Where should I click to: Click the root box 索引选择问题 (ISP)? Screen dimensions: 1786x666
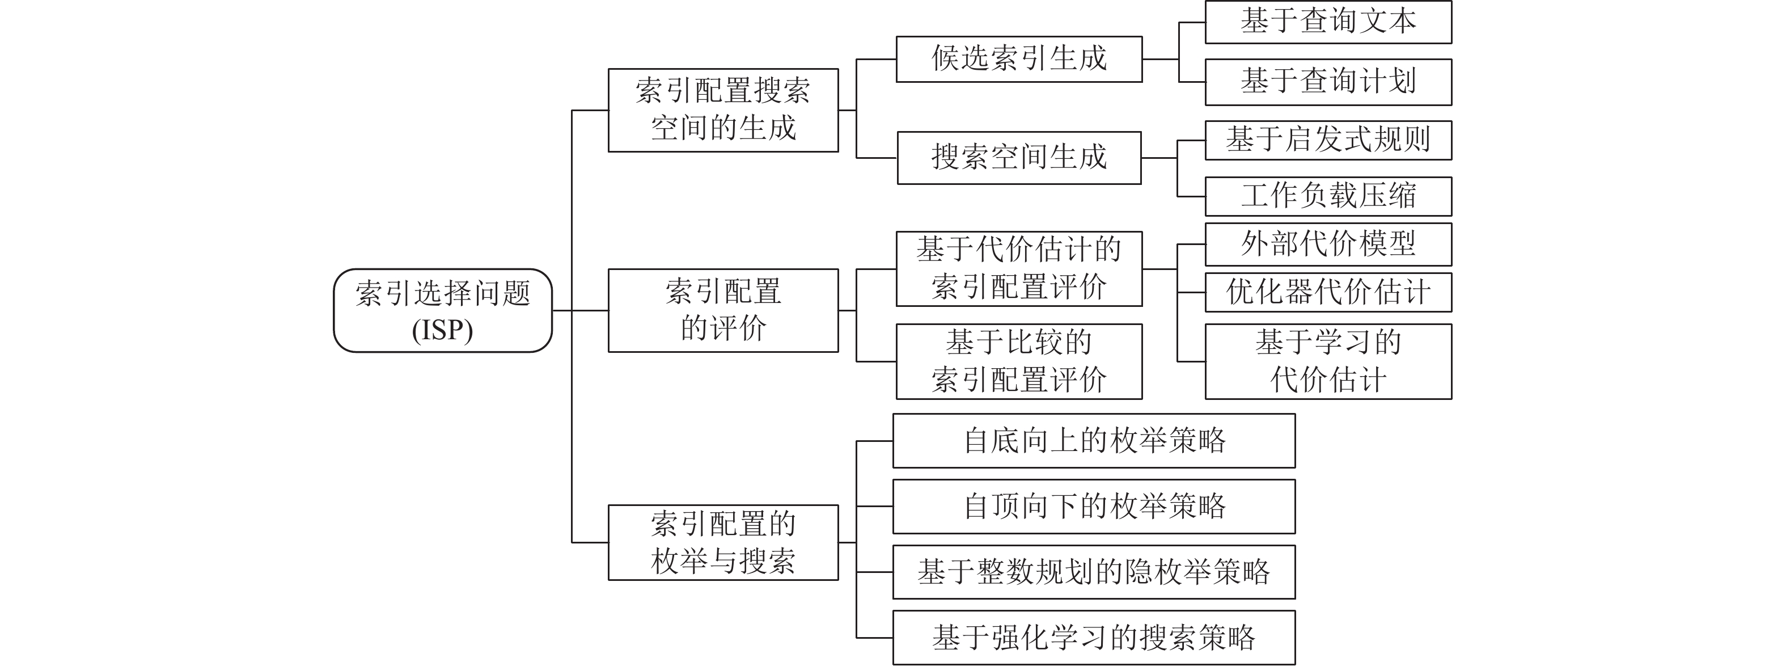coord(442,310)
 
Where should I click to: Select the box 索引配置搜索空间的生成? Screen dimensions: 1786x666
coord(723,109)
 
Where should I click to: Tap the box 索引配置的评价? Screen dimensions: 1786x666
coord(723,310)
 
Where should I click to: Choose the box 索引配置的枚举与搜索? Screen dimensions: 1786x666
coord(723,542)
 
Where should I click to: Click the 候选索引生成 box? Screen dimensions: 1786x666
coord(1019,59)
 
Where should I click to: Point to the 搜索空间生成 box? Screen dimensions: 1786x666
coord(1019,158)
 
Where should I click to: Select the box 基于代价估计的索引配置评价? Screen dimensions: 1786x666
coord(1019,268)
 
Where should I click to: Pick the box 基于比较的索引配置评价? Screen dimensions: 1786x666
coord(1019,361)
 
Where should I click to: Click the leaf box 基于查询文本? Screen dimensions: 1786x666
coord(1328,22)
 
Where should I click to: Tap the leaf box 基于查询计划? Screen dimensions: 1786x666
coord(1328,82)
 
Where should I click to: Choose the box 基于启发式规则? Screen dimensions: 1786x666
coord(1328,140)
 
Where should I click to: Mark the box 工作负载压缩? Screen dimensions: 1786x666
coord(1328,196)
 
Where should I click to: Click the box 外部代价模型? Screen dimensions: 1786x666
coord(1328,244)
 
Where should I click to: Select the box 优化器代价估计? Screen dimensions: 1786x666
coord(1328,292)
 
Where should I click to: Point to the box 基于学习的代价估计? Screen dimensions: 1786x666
coord(1328,361)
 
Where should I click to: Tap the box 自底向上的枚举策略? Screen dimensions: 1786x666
coord(1094,441)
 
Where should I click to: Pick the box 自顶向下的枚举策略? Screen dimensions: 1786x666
coord(1094,507)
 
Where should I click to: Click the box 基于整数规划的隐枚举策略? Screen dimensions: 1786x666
coord(1094,572)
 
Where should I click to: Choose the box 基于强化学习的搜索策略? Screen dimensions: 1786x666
coord(1094,638)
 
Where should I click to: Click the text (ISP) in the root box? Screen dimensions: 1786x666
coord(442,330)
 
